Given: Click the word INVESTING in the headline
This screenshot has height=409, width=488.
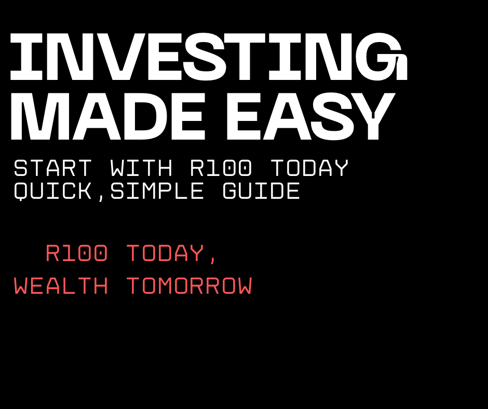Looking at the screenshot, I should pyautogui.click(x=208, y=58).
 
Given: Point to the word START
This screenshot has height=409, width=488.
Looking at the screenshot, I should pyautogui.click(x=52, y=169).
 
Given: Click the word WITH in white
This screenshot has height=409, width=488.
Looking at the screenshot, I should pyautogui.click(x=141, y=169).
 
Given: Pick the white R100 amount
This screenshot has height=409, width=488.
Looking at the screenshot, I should pyautogui.click(x=221, y=169).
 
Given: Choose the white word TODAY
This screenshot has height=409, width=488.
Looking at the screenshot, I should pyautogui.click(x=309, y=169).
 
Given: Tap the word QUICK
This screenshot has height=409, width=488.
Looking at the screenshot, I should pyautogui.click(x=52, y=192).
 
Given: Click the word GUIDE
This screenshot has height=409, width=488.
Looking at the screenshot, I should pyautogui.click(x=261, y=192).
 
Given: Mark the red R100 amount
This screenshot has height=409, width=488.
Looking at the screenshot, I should pyautogui.click(x=76, y=254).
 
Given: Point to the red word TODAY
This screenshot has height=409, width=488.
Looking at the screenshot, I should pyautogui.click(x=165, y=254).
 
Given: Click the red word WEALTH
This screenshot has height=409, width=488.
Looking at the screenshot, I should pyautogui.click(x=61, y=287).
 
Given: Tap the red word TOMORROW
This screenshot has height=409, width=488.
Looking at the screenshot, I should pyautogui.click(x=189, y=287).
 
